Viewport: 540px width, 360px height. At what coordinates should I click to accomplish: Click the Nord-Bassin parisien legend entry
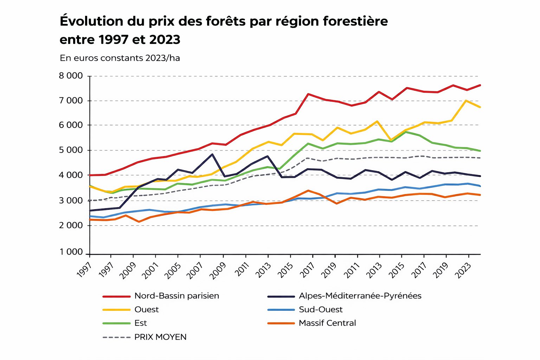(176, 296)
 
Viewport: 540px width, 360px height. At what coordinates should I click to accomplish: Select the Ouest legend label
(146, 310)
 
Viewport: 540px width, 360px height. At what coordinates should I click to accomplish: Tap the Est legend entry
(141, 323)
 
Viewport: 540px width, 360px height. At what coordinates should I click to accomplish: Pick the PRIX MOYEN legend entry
(160, 337)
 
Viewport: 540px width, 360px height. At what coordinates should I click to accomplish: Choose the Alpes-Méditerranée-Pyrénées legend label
(360, 296)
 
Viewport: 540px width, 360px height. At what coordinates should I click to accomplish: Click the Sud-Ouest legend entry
(320, 310)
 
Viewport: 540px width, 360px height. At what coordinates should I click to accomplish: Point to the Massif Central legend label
(327, 323)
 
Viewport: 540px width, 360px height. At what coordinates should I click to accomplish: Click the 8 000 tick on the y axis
(71, 76)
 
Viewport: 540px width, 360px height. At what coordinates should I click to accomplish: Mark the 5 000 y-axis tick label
(71, 150)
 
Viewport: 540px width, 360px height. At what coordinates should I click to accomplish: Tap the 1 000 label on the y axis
(71, 252)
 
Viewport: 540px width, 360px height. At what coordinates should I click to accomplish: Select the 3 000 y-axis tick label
(71, 200)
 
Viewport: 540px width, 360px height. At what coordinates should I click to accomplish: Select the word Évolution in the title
(91, 21)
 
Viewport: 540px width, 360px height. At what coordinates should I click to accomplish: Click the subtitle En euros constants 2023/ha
(120, 58)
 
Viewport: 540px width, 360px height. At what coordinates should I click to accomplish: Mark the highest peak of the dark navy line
(212, 154)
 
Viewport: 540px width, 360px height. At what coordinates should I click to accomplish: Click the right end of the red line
(480, 85)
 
